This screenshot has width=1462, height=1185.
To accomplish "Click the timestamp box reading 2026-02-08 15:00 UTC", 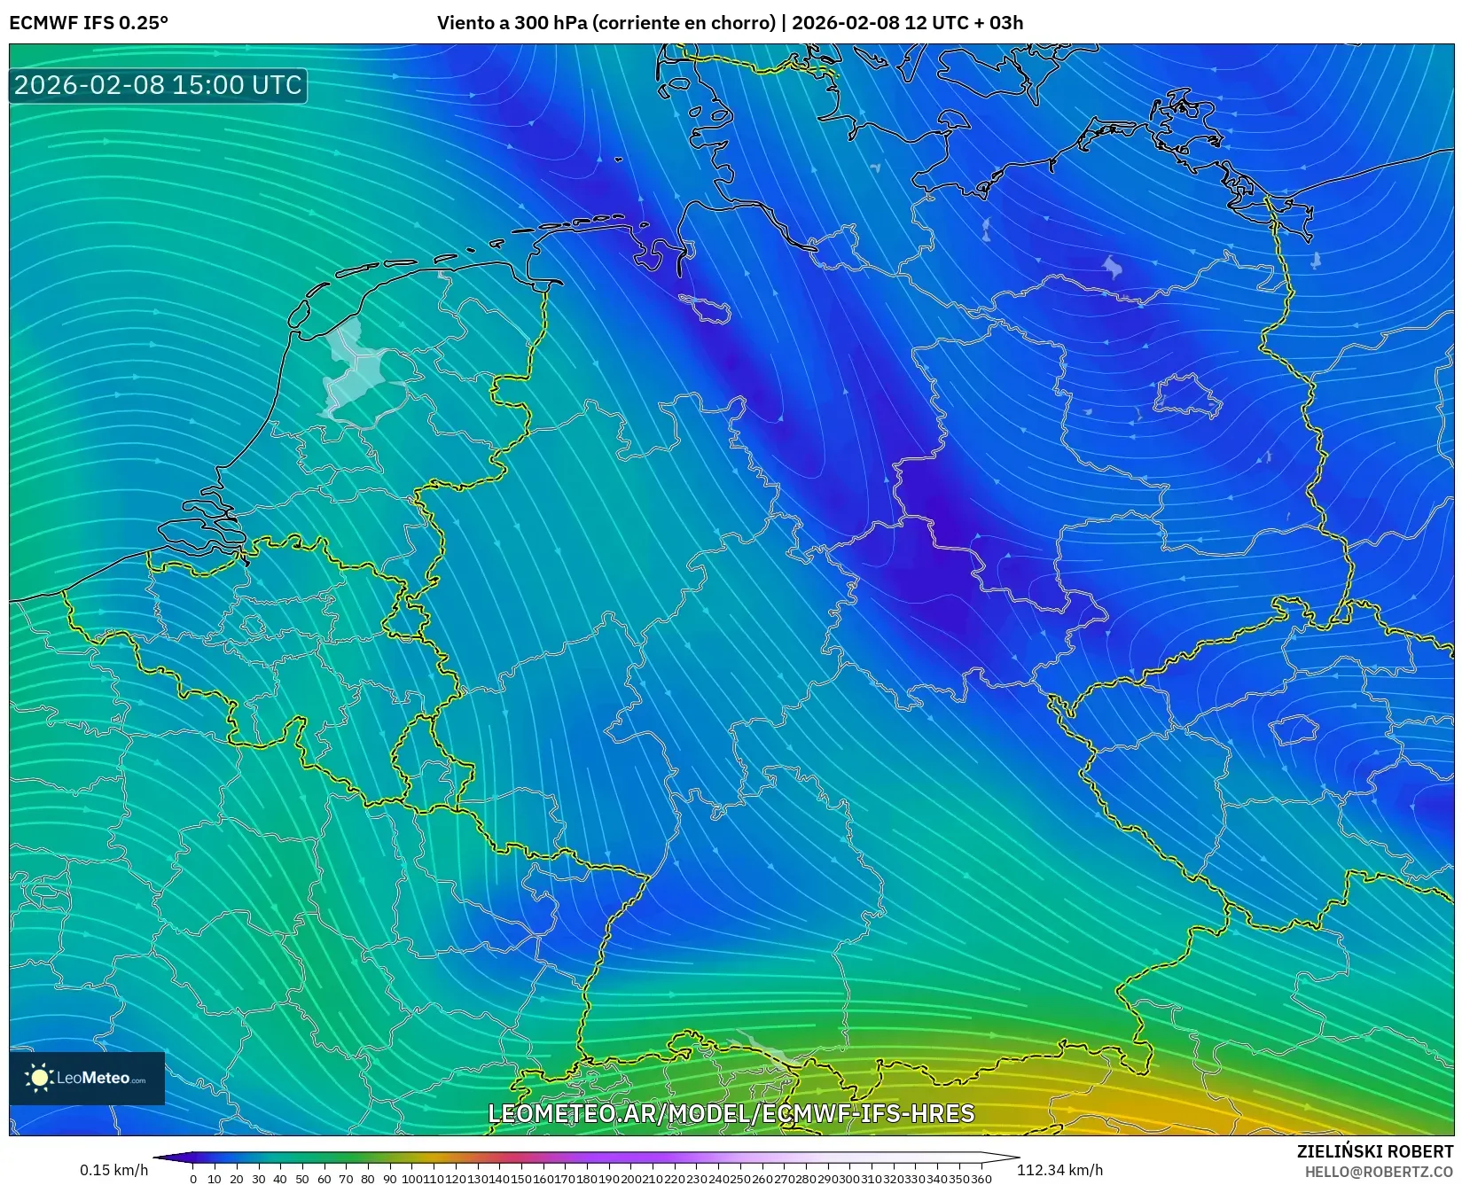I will point(158,85).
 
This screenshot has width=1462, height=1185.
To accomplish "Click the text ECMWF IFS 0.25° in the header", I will point(89,22).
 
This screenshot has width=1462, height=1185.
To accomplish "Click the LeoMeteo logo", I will point(87,1078).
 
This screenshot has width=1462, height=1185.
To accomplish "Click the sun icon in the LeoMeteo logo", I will point(39,1078).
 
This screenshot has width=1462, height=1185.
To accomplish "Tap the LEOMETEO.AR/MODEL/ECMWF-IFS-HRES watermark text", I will point(731,1113).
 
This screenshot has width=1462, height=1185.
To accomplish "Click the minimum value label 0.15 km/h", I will point(113,1170).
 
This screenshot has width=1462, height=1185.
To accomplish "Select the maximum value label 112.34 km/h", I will point(1059,1170).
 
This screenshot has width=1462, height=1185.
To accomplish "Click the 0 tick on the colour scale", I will point(193,1179).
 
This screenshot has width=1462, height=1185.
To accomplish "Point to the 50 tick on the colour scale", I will point(302,1179).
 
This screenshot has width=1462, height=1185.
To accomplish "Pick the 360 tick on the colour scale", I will point(981,1179).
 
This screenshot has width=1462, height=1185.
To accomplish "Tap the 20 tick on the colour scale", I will point(237,1179).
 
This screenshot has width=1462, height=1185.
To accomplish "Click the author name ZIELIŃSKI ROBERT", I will point(1375,1151).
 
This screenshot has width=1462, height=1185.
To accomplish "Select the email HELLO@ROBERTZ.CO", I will point(1379,1172).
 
